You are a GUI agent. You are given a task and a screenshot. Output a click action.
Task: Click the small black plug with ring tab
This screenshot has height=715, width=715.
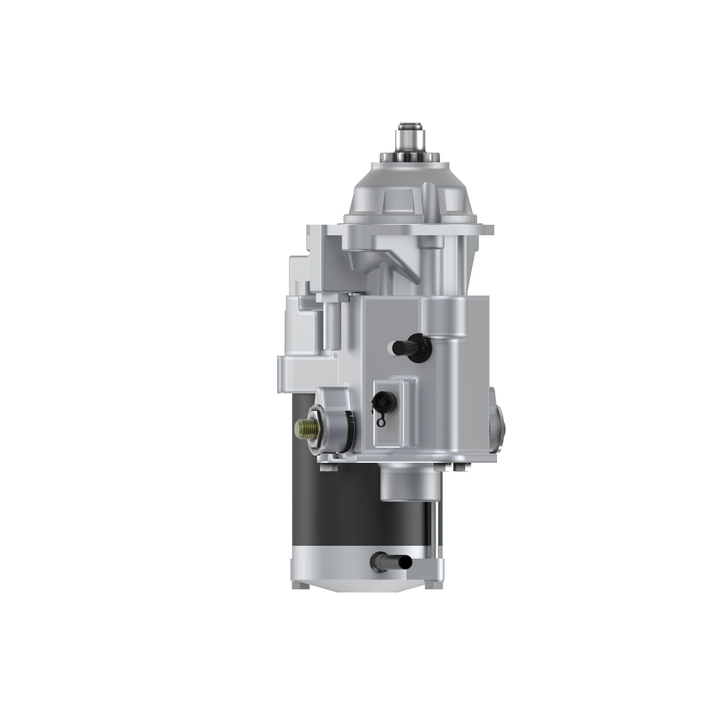[380, 401]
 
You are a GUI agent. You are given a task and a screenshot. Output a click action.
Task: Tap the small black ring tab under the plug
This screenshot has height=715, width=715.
[381, 422]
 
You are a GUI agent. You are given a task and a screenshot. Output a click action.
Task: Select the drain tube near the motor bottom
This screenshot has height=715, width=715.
[390, 561]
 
